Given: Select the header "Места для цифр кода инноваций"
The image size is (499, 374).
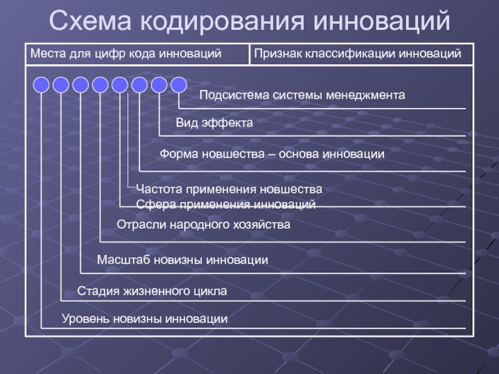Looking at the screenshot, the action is [x=126, y=55].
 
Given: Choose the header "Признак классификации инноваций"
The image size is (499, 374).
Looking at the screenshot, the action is [x=357, y=55].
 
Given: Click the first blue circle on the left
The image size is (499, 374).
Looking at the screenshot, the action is [x=41, y=85].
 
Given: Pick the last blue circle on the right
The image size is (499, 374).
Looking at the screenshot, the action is [x=178, y=85].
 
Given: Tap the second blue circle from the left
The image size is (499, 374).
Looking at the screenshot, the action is [x=61, y=85].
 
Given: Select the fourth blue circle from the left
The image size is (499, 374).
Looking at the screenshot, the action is [x=100, y=85].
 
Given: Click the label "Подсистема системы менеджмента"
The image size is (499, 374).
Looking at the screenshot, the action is [x=302, y=95].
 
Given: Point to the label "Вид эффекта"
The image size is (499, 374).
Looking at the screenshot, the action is [x=214, y=123].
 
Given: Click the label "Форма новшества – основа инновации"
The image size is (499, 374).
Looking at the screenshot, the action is [x=272, y=153].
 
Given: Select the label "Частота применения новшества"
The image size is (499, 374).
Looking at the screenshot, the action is [x=229, y=188].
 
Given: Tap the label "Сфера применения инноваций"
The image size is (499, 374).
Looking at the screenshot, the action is [x=226, y=204].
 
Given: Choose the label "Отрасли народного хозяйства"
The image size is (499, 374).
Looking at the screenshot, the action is [x=203, y=224].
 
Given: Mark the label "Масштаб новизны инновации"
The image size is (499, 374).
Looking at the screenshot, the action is [x=183, y=259].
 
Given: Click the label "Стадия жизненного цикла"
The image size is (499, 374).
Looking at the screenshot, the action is [x=152, y=291].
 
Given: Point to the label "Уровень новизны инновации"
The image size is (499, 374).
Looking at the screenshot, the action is [x=145, y=319].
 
